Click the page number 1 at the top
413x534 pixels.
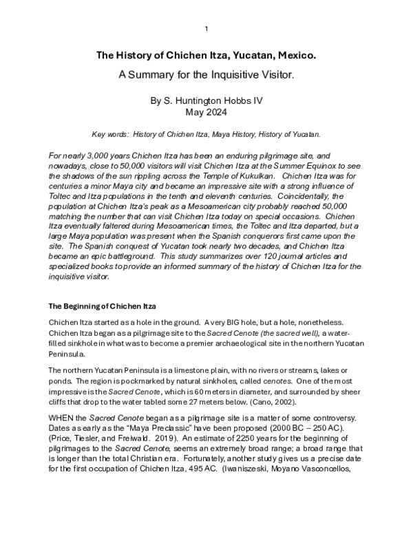(x=206, y=28)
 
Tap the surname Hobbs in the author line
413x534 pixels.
(x=232, y=101)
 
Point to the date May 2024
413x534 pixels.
(x=206, y=112)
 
